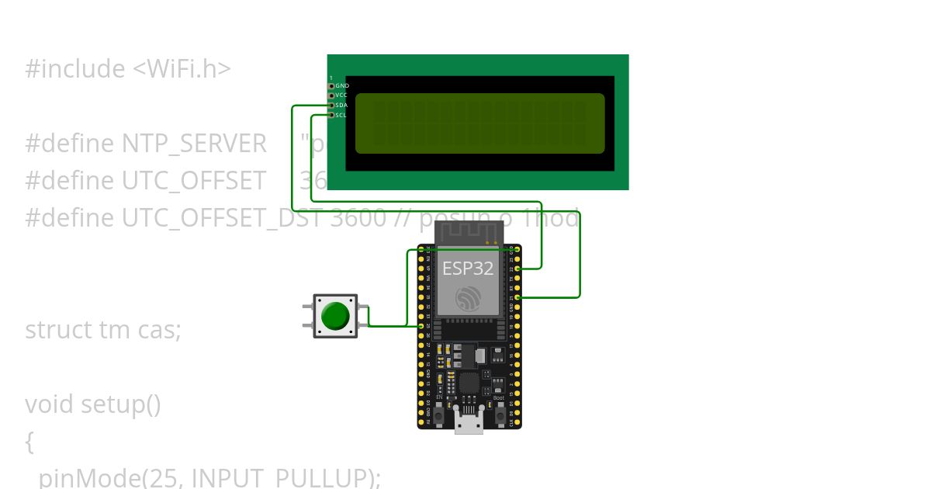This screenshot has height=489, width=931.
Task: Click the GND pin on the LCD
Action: pyautogui.click(x=331, y=86)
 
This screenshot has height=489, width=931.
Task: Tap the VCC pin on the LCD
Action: pyautogui.click(x=331, y=95)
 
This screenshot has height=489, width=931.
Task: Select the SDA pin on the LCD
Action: pyautogui.click(x=331, y=106)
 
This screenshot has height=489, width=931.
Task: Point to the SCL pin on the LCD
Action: pyautogui.click(x=331, y=115)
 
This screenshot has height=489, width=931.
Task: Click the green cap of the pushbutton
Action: pyautogui.click(x=335, y=316)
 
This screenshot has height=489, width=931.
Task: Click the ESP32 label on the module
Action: pyautogui.click(x=468, y=269)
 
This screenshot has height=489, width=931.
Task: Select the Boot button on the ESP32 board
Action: pyautogui.click(x=500, y=415)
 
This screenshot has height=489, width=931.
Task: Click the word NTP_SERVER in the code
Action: pyautogui.click(x=194, y=144)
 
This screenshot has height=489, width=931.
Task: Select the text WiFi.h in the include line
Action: pyautogui.click(x=182, y=69)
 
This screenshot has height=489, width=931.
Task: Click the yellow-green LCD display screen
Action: pyautogui.click(x=479, y=123)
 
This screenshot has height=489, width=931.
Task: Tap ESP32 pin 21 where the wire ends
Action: pyautogui.click(x=517, y=297)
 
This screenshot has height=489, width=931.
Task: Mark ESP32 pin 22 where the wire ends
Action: pyautogui.click(x=517, y=269)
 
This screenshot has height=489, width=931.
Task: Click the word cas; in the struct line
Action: pyautogui.click(x=160, y=330)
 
